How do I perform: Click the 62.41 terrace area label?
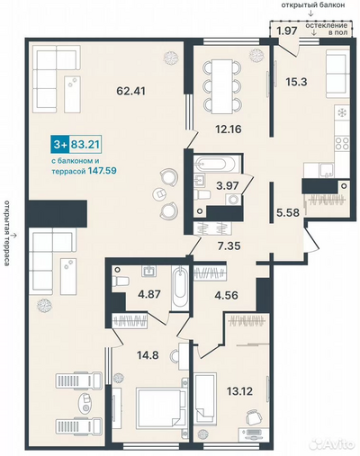(x=130, y=91)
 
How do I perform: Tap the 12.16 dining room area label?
(x=229, y=130)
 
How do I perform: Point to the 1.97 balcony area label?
(x=287, y=31)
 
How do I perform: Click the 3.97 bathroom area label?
(x=228, y=185)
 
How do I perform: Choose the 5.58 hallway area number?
(x=288, y=212)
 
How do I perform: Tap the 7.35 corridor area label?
(x=229, y=246)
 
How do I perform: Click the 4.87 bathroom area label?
(x=149, y=293)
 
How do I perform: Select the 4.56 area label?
(x=227, y=295)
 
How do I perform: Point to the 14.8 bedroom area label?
(x=148, y=355)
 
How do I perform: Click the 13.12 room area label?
(x=239, y=391)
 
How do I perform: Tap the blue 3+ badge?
(x=59, y=145)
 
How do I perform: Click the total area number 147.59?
(x=103, y=171)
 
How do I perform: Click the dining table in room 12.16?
(x=222, y=86)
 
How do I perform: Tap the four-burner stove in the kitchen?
(x=342, y=144)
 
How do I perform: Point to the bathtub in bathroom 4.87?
(x=180, y=288)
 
